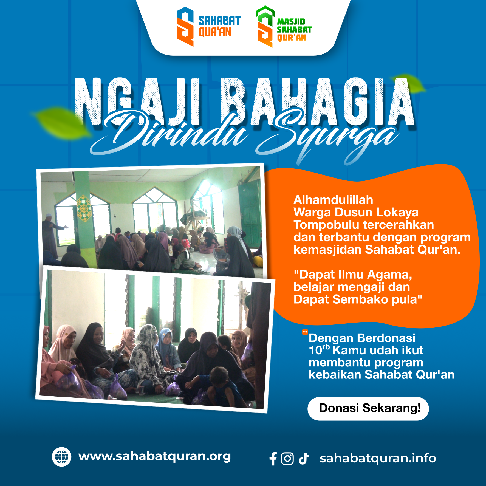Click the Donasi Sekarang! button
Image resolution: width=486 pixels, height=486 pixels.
368,408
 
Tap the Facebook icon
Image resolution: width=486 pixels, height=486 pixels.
273,459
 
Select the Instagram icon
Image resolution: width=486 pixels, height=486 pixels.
287,459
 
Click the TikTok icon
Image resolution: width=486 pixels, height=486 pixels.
304,458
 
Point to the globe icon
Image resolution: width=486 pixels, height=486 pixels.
61,457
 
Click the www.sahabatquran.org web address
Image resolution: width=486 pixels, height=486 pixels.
155,456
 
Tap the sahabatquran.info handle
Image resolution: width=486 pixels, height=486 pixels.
378,458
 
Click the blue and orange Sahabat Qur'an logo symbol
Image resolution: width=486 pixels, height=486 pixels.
185,27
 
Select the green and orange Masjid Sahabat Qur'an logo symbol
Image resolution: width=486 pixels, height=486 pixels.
265,26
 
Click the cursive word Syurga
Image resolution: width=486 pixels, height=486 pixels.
326,137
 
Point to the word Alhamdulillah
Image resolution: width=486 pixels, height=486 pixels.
333,200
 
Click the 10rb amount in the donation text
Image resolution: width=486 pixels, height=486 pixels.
319,350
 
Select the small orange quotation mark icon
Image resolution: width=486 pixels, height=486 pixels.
305,332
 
